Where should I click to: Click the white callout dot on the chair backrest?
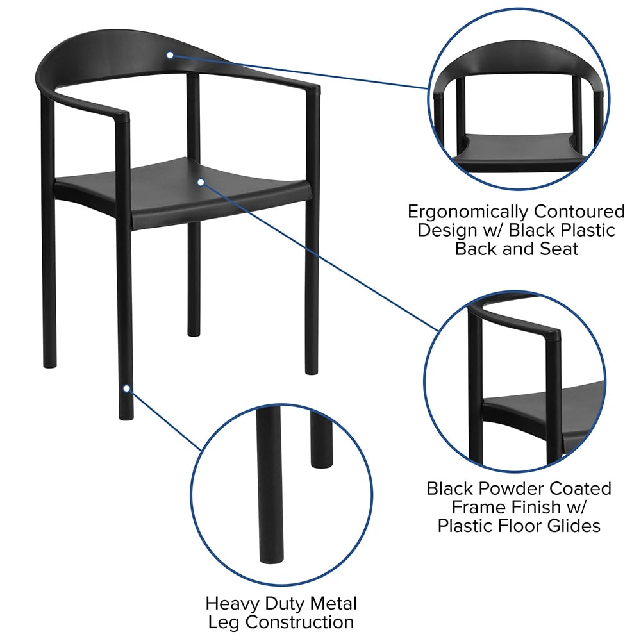(170, 55)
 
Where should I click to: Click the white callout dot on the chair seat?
(201, 182)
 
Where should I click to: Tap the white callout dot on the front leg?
(127, 388)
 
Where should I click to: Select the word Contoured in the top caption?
(579, 212)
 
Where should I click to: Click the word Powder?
(511, 488)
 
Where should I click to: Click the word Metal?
(333, 603)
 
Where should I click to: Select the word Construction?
(299, 622)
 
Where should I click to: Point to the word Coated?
(580, 488)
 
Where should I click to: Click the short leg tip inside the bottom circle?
(322, 463)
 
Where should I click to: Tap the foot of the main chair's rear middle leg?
(194, 333)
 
